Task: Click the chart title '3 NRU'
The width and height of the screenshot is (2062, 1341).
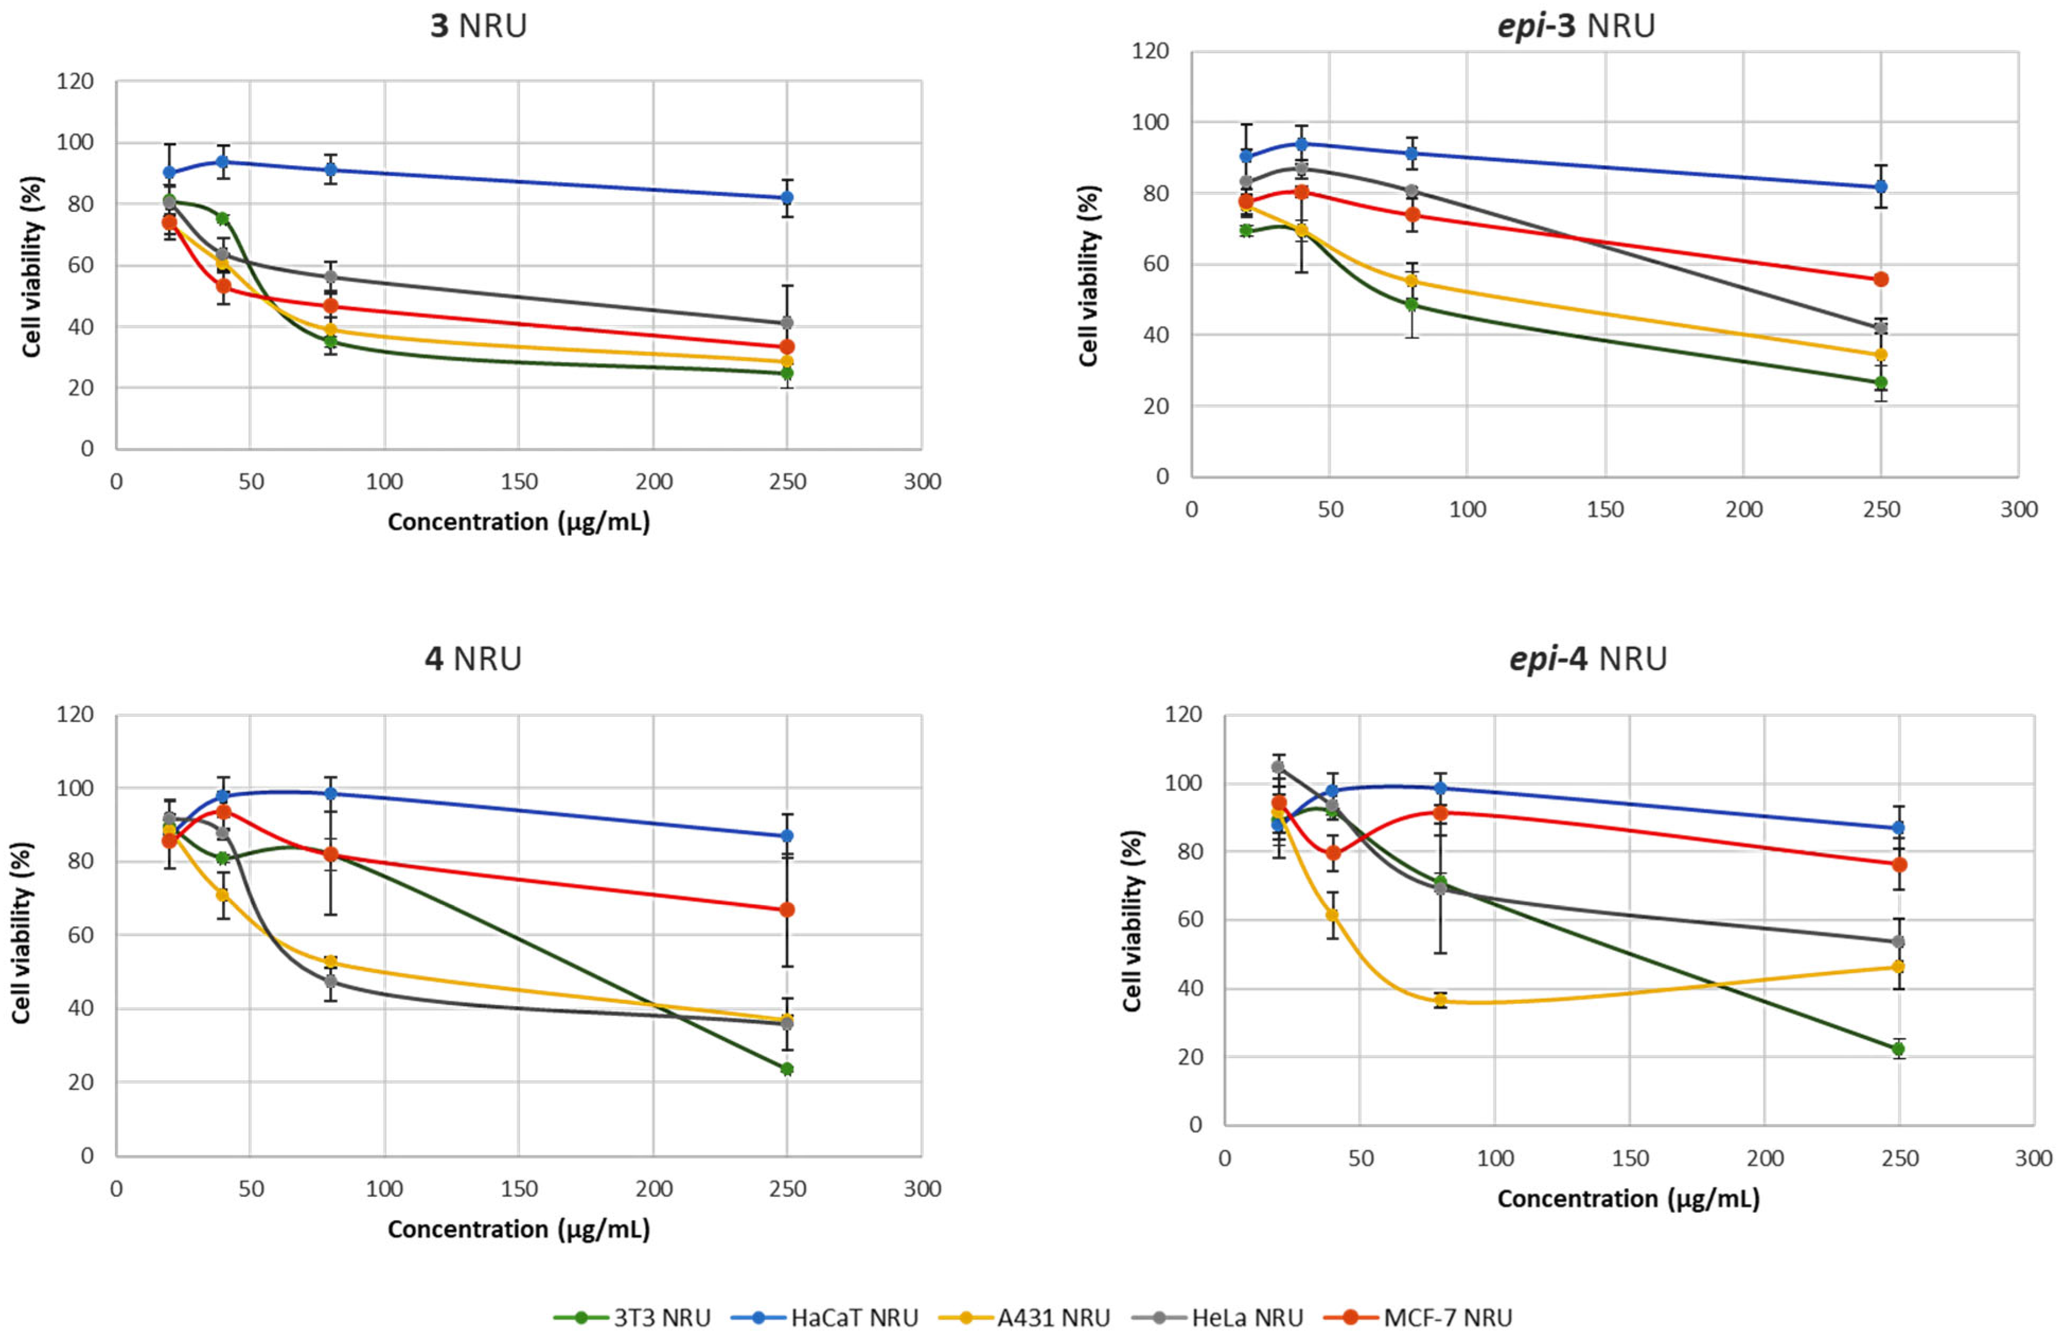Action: [x=478, y=26]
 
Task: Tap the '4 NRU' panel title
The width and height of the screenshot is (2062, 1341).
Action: [x=473, y=659]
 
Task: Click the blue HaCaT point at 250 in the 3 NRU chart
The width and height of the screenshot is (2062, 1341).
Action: [x=786, y=198]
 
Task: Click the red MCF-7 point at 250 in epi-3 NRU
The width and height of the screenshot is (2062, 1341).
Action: [x=1881, y=279]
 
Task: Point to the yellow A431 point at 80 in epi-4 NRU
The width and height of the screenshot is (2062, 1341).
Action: [x=1440, y=1000]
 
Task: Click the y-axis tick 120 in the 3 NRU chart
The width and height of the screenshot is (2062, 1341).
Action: [x=75, y=82]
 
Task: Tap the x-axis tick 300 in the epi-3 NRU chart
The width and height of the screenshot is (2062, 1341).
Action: [x=2019, y=509]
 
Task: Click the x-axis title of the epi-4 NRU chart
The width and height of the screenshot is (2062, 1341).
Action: [x=1628, y=1199]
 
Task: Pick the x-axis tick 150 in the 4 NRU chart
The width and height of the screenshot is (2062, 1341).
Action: [x=518, y=1188]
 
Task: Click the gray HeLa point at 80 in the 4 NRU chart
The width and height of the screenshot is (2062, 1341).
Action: [x=330, y=981]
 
